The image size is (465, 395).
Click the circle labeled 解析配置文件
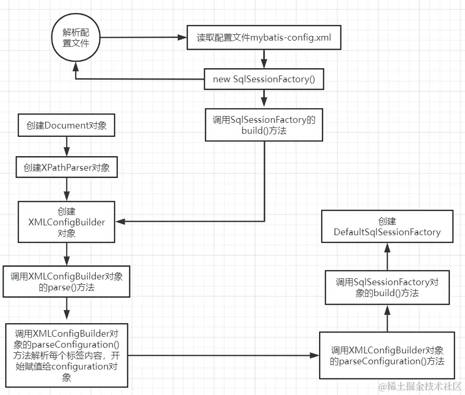pyautogui.click(x=76, y=37)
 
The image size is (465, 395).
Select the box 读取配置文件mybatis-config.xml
pyautogui.click(x=264, y=38)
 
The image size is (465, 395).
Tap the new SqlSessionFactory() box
pyautogui.click(x=264, y=80)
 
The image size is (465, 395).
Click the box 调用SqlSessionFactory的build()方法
pyautogui.click(x=264, y=125)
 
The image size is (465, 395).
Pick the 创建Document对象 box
pyautogui.click(x=66, y=125)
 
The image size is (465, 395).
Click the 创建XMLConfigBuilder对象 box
pyautogui.click(x=66, y=222)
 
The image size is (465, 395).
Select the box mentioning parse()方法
pyautogui.click(x=66, y=282)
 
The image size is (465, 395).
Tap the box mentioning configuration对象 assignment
pyautogui.click(x=66, y=355)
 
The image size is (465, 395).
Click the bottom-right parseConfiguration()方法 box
pyautogui.click(x=387, y=355)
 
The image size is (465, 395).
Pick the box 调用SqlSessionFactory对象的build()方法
pyautogui.click(x=387, y=287)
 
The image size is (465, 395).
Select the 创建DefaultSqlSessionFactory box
pyautogui.click(x=387, y=227)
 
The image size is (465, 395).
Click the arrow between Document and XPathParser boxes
pyautogui.click(x=66, y=146)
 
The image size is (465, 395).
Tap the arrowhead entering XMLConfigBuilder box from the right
pyautogui.click(x=120, y=222)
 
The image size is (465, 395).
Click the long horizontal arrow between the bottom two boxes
pyautogui.click(x=224, y=355)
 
